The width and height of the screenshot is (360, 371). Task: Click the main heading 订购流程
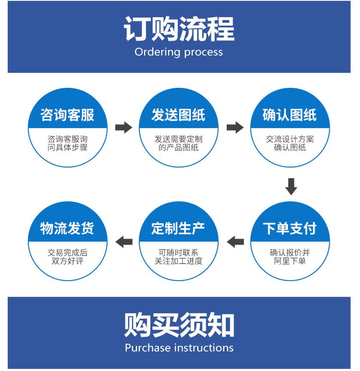180,30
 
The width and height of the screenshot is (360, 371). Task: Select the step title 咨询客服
67,115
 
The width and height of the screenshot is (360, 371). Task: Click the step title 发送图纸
179,115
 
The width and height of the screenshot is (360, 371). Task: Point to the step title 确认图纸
290,115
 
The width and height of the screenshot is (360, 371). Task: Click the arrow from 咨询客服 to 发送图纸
123,127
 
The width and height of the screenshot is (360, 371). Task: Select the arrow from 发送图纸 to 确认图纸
235,127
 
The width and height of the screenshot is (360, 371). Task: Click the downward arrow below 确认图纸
291,186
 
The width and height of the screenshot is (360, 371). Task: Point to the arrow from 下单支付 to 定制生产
235,241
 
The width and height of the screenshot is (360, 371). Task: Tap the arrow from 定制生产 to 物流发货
124,241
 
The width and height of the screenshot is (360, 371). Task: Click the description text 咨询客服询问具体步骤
68,144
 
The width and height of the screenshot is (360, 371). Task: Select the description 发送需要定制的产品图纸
179,144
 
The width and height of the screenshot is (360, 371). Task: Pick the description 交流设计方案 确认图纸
290,144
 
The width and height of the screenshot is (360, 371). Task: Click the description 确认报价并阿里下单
290,257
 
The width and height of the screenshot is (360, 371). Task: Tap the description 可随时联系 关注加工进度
179,257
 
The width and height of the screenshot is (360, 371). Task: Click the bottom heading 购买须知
180,325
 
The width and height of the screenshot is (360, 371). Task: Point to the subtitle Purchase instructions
179,347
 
